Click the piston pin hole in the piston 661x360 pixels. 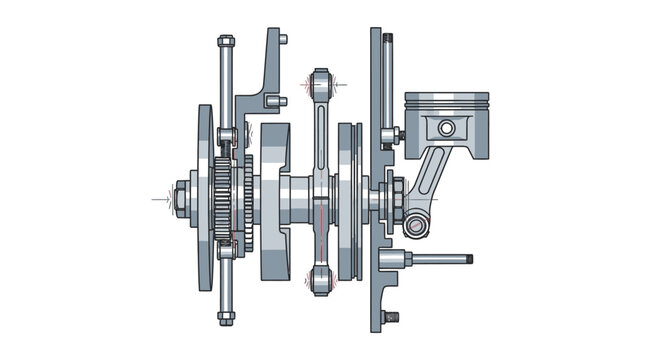click(x=446, y=128)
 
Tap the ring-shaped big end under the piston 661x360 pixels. click(x=415, y=226)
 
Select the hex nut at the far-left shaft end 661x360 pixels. click(x=184, y=199)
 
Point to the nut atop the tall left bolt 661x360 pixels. click(x=226, y=43)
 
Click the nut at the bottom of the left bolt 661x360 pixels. click(x=226, y=318)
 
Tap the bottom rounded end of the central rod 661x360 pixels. click(x=320, y=281)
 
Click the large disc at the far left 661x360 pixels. click(x=204, y=198)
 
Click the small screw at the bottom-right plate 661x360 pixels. click(x=391, y=317)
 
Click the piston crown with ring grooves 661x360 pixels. click(x=446, y=102)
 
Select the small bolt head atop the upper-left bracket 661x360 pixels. click(x=283, y=40)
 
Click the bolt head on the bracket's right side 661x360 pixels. click(x=283, y=100)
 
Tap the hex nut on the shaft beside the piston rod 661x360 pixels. click(x=396, y=199)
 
